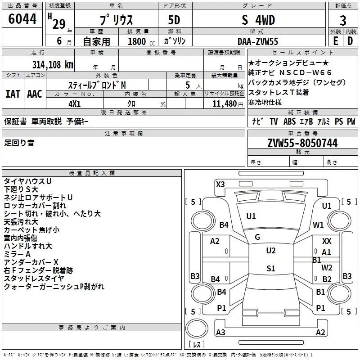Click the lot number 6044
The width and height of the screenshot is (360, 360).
point(22,19)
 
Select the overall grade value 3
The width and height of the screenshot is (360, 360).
point(343,21)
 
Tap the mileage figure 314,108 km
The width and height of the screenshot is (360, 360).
point(53,65)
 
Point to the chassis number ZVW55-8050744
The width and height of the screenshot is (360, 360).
point(302,143)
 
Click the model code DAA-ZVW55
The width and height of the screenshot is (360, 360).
point(258,41)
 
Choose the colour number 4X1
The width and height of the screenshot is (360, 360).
point(75,104)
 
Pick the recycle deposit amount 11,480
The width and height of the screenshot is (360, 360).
point(225,104)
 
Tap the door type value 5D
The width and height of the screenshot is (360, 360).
point(174,20)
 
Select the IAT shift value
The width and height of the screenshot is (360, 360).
point(13,94)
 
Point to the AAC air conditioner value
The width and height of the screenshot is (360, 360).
point(35,94)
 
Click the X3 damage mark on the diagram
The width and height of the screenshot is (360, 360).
point(220,184)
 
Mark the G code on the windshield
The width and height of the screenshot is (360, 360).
point(257,237)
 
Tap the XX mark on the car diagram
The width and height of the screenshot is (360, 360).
point(327,241)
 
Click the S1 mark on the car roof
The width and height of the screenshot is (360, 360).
point(271,268)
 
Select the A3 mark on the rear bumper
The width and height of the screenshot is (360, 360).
point(220,332)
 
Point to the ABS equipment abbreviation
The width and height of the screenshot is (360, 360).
point(289,121)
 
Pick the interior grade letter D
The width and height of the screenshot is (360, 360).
point(350,41)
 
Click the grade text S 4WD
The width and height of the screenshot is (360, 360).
point(258,20)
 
